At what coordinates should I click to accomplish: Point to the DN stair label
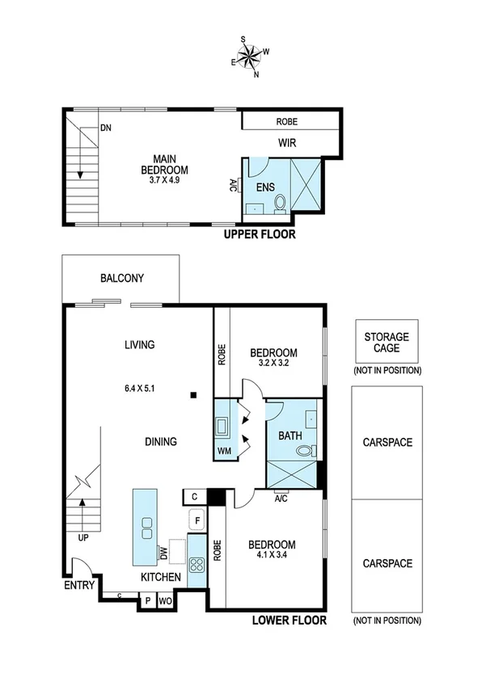pos(105,128)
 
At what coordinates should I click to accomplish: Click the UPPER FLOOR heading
pos(260,235)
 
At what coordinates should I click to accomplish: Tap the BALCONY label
pos(122,279)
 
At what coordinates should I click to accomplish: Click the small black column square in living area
pos(192,395)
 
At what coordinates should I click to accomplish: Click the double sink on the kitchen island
pos(146,528)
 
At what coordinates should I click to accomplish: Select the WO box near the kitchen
pos(164,601)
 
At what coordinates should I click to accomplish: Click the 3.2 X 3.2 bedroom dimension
pos(273,364)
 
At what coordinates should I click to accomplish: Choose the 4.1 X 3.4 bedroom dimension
pos(272,556)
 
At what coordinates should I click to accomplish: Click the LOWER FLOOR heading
pos(289,621)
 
